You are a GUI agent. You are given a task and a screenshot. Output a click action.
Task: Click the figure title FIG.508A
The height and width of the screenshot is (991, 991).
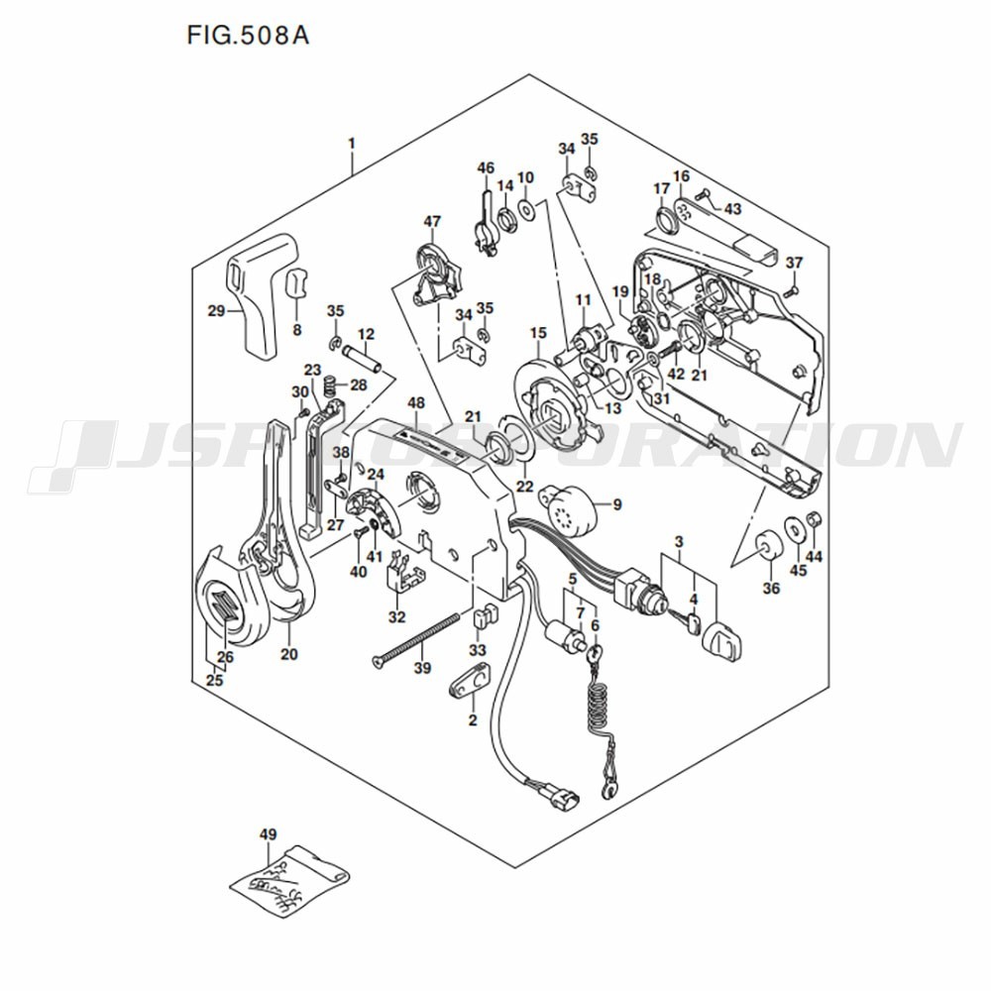(x=248, y=37)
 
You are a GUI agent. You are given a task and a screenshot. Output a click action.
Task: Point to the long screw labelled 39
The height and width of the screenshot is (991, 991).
(x=416, y=640)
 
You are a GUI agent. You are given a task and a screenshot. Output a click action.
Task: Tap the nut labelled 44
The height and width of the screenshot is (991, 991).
(x=811, y=521)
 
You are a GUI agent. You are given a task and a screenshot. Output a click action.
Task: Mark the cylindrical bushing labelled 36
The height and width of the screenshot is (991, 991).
(x=767, y=548)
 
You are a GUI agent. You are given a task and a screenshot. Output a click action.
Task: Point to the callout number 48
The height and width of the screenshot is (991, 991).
(x=416, y=403)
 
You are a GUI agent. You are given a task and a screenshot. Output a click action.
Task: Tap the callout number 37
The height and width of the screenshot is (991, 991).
(x=794, y=263)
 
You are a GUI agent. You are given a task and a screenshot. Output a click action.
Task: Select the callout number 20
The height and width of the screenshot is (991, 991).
(x=289, y=653)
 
